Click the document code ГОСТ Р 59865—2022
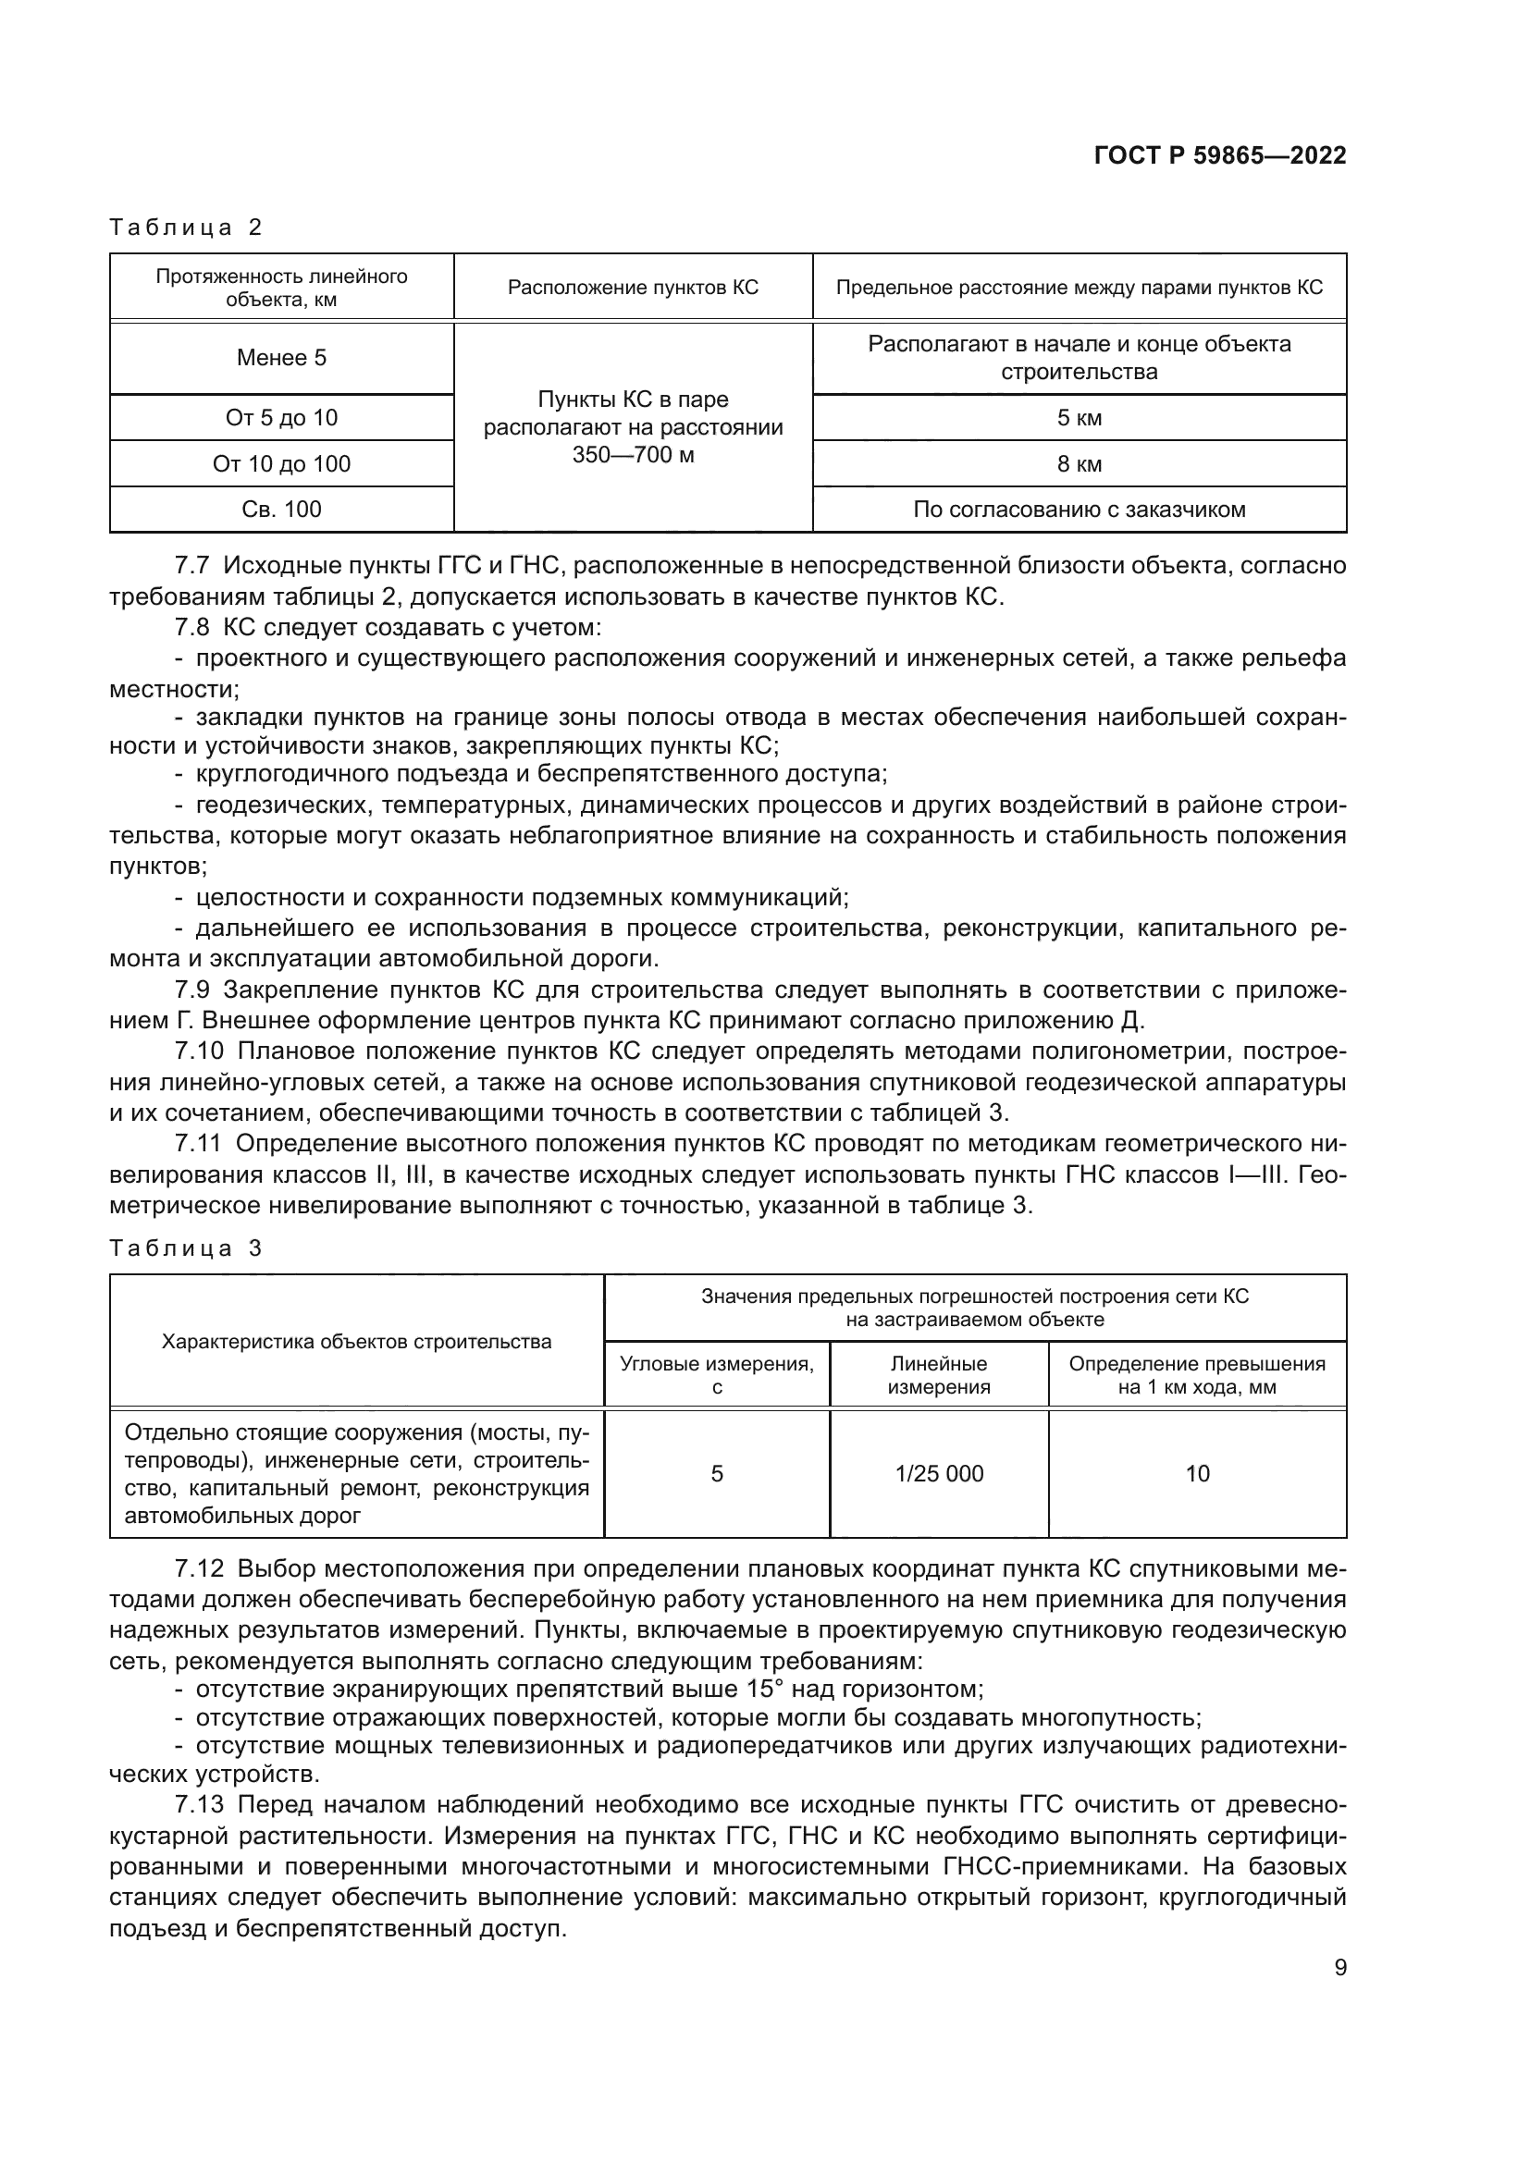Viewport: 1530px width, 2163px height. (1220, 156)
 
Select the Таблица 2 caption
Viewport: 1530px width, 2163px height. (186, 227)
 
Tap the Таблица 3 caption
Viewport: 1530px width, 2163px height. (186, 1248)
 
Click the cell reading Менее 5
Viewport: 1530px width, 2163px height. (282, 358)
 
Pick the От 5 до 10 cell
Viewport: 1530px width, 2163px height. (282, 417)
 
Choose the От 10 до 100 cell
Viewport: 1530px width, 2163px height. (282, 463)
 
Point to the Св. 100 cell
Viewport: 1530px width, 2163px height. (282, 510)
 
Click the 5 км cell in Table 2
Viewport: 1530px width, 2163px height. (1079, 417)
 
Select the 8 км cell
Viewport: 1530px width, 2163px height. (1079, 463)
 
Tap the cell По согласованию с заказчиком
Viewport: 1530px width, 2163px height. (1079, 510)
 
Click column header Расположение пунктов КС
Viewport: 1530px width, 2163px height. (633, 288)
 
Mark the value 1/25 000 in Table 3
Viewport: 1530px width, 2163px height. (938, 1473)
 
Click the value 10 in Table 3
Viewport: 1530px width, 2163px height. (1196, 1473)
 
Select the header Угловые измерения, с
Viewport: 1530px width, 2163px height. (717, 1374)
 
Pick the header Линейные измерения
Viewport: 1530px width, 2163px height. (938, 1374)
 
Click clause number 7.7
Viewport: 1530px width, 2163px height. (191, 566)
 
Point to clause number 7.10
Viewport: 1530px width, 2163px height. (197, 1051)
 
